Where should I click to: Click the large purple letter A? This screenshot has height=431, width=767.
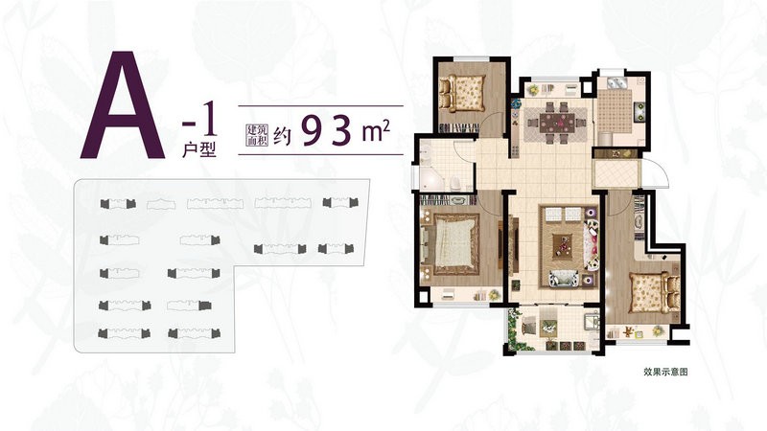pos(123,105)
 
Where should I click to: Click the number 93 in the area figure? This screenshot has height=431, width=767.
pos(327,131)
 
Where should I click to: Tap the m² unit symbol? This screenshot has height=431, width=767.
pos(376,131)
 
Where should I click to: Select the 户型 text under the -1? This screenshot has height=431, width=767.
pos(199,149)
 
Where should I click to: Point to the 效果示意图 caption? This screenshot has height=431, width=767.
pos(665,372)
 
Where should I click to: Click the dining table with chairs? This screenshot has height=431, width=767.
pos(556,122)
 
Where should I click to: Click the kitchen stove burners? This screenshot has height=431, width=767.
pos(639,112)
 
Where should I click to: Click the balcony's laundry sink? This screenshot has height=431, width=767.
pos(591,321)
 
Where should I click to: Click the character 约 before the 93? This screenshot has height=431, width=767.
pos(283,136)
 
